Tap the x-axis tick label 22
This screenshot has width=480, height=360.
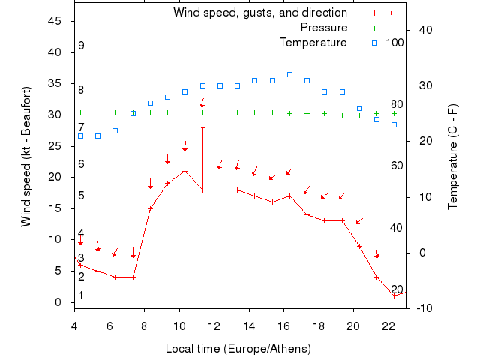point(388,325)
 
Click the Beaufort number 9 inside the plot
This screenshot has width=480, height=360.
point(81,46)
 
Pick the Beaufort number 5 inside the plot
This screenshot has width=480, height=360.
point(81,196)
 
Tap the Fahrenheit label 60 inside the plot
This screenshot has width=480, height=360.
point(397,166)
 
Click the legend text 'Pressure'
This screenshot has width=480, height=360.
point(323,28)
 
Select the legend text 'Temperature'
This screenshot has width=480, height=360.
point(313,42)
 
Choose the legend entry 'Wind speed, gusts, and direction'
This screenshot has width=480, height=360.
point(259,13)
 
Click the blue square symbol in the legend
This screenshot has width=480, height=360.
point(374,42)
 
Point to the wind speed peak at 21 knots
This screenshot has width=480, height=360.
point(184,171)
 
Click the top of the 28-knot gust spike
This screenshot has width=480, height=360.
point(202,127)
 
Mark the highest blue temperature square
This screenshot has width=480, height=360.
point(289,74)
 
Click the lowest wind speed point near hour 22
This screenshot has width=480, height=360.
point(394,295)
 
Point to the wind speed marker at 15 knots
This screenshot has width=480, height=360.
point(150,208)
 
